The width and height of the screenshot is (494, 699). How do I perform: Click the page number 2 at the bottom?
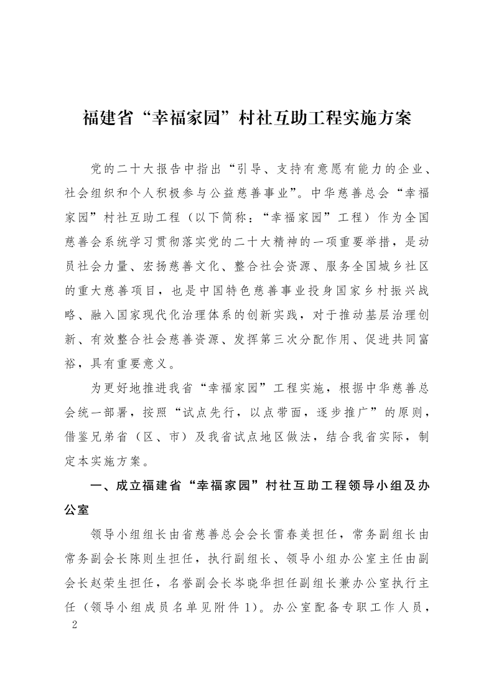pyautogui.click(x=75, y=624)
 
